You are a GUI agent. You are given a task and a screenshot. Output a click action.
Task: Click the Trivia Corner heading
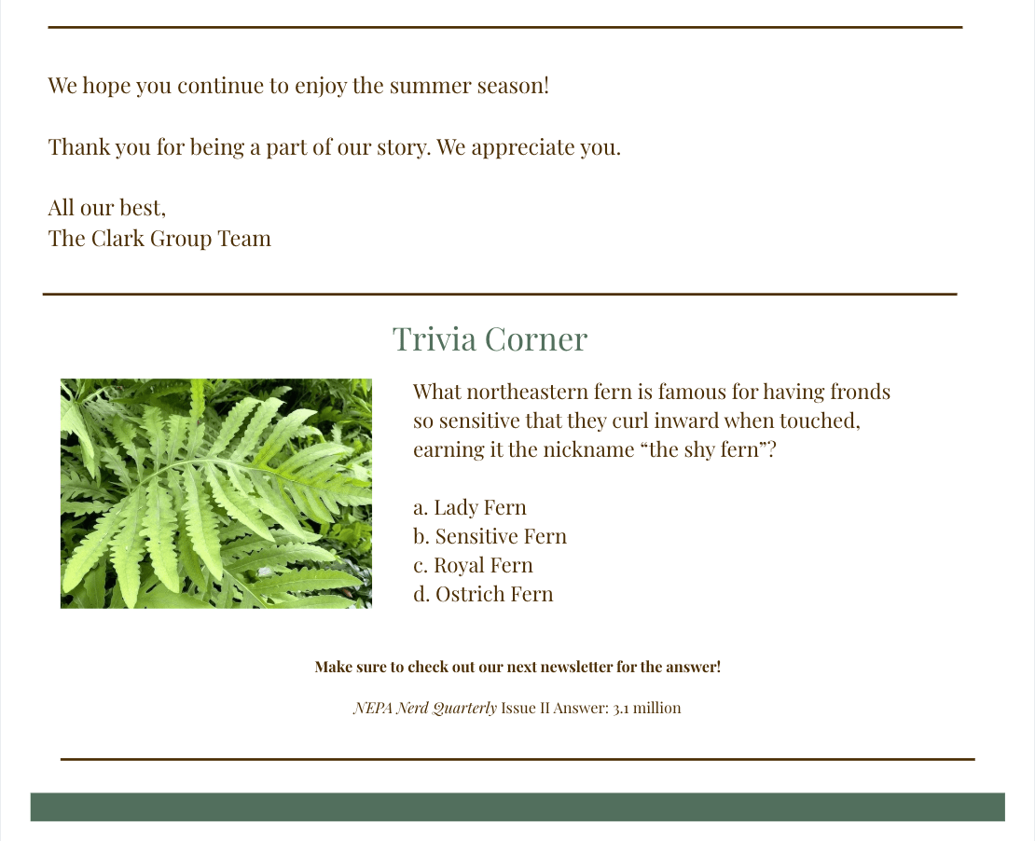click(x=490, y=339)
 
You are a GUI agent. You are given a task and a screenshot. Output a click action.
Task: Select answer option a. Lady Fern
click(x=470, y=507)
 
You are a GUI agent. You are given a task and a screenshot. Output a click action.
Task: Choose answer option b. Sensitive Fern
click(x=490, y=536)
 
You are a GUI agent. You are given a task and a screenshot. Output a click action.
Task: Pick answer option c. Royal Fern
click(x=474, y=565)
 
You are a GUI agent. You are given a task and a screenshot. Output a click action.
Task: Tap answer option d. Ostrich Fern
click(x=483, y=594)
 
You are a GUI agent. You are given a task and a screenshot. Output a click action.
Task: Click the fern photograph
click(x=215, y=493)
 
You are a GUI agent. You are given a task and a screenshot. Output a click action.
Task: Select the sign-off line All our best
click(x=107, y=208)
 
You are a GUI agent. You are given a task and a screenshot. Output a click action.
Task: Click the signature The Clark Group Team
click(x=159, y=239)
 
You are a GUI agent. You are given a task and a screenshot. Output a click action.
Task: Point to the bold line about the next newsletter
click(x=517, y=667)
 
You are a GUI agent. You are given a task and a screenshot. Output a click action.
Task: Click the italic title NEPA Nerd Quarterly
click(x=425, y=708)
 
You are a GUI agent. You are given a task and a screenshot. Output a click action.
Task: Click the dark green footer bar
click(x=517, y=807)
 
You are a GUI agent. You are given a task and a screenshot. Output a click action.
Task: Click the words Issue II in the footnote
click(x=525, y=708)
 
